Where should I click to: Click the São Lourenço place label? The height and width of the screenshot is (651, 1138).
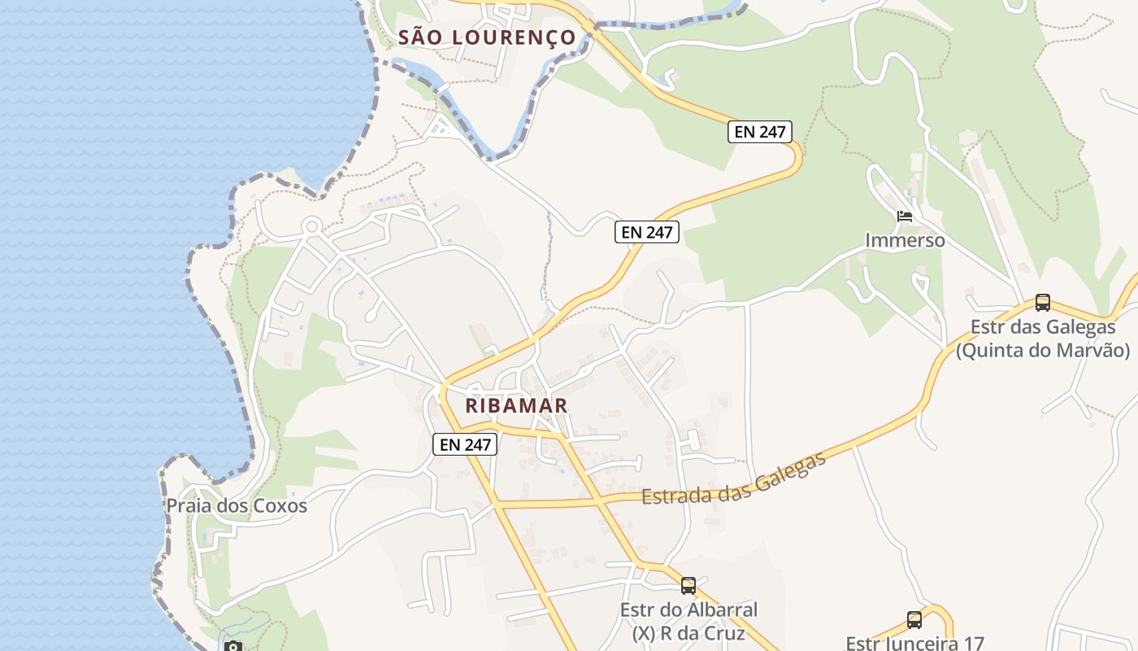tap(487, 37)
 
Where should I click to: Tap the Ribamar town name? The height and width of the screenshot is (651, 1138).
tap(516, 404)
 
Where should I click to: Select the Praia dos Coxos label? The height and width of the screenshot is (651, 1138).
tap(237, 505)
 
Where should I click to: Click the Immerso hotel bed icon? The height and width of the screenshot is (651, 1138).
tap(905, 216)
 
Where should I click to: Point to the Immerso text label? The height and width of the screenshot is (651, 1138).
tap(905, 240)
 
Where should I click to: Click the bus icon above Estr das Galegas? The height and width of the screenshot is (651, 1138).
tap(1043, 303)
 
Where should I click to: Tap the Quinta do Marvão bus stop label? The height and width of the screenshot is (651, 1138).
tap(1043, 351)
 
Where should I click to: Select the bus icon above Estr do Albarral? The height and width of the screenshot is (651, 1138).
tap(688, 585)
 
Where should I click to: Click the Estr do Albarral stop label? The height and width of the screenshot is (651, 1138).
tap(688, 609)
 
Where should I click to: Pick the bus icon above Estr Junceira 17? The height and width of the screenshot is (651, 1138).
tap(914, 620)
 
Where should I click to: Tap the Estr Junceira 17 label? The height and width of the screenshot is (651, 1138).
tap(914, 643)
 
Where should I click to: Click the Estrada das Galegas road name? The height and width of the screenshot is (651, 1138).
tap(734, 480)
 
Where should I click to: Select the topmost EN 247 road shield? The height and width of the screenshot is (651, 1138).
tap(759, 132)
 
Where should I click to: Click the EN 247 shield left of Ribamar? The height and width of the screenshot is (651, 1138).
tap(464, 444)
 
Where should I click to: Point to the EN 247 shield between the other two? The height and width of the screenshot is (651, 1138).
tap(646, 232)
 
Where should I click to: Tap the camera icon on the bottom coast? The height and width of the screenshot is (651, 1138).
tap(233, 647)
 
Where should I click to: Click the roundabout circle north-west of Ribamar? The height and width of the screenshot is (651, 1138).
tap(312, 226)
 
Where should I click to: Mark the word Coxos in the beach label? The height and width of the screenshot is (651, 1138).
tap(280, 505)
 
